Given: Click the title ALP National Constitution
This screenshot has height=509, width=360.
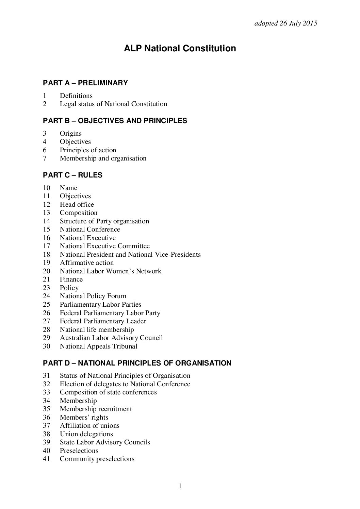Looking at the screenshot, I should coord(180,49).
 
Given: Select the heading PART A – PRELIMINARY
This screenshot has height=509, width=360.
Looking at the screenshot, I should coord(85,83).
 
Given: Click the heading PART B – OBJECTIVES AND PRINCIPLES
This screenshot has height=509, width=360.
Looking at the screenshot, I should coord(115,121).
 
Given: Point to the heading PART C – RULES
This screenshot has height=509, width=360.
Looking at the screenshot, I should coord(72,175).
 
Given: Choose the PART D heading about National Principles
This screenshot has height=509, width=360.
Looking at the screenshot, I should coord(137,363).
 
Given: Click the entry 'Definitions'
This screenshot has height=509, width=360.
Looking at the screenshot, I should coord(76,96).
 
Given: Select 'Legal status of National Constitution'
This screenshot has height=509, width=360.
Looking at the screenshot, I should coord(113,104).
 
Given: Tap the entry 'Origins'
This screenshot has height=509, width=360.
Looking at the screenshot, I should coord(71,134).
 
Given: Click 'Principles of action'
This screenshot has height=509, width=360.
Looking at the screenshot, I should coord(88,150).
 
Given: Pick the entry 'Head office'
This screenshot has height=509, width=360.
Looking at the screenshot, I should coord(77,205).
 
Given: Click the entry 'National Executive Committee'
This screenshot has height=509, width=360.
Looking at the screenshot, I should coord(105,246).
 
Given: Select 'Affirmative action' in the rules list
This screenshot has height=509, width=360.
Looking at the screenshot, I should coord(87,263).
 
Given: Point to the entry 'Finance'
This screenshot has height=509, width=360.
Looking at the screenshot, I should coord(71,279).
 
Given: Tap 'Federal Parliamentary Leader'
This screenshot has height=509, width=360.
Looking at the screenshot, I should coord(103,321).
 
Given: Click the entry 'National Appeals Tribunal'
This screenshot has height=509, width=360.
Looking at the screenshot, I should coord(99,346).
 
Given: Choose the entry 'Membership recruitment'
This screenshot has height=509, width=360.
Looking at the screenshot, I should coord(96,409).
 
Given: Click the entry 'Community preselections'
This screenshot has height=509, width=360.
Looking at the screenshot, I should coord(97,459).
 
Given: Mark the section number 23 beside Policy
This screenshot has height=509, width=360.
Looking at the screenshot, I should coord(47,288).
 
